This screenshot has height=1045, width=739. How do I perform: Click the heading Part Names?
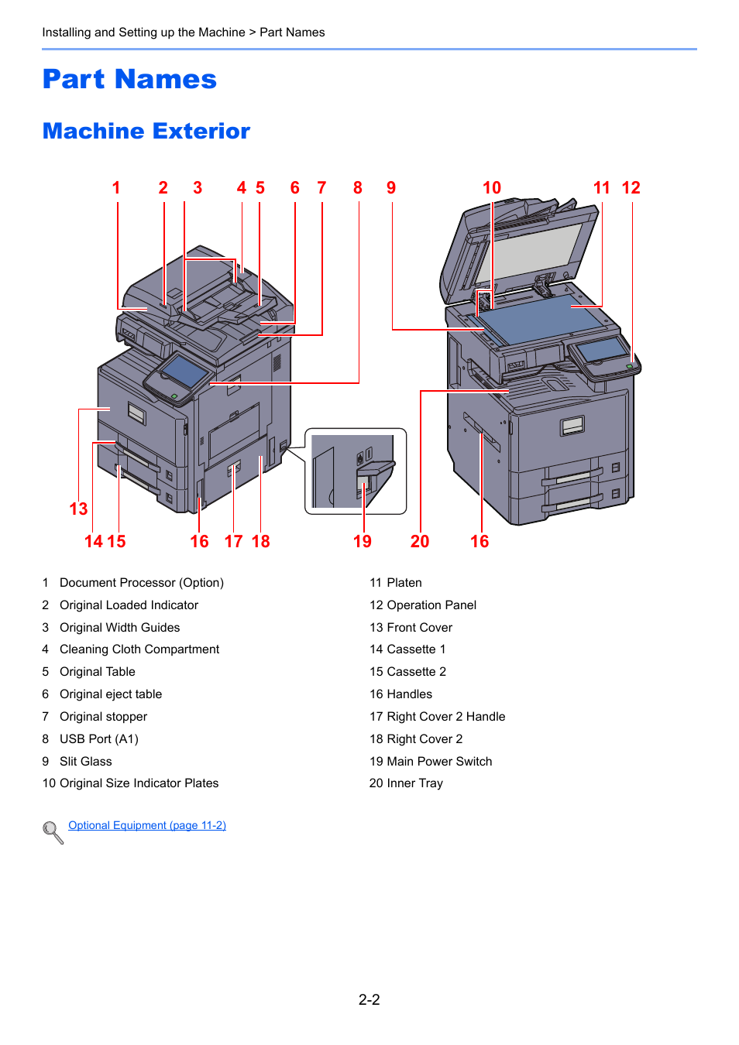(129, 80)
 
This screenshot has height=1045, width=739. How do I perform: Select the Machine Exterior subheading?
(146, 132)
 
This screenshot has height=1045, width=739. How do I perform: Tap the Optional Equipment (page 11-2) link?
(147, 825)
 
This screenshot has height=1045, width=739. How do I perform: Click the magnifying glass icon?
(53, 832)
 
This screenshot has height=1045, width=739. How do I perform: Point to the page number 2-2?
(369, 999)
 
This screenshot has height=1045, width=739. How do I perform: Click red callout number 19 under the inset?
(363, 541)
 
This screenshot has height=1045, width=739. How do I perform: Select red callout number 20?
(420, 541)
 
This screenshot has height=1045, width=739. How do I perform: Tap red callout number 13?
(78, 509)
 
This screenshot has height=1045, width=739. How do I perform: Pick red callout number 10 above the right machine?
(492, 188)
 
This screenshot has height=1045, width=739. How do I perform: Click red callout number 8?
(358, 188)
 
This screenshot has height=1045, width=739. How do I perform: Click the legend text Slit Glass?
(85, 761)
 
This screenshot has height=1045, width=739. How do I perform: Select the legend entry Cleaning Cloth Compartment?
(139, 649)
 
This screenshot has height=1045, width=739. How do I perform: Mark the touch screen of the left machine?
(184, 372)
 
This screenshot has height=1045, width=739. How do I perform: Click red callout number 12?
(631, 188)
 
